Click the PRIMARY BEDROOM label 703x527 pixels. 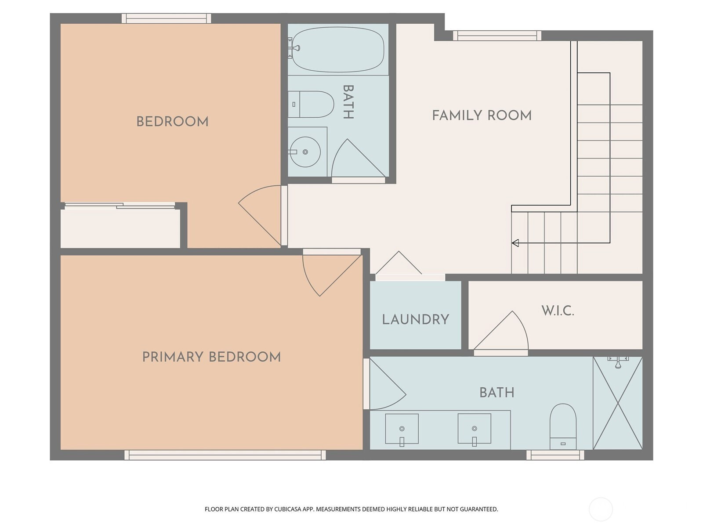coord(211,357)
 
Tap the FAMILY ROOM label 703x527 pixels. coord(482,116)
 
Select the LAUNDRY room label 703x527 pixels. coord(415,320)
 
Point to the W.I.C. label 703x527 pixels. coord(558,310)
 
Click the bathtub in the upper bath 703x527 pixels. coord(338,49)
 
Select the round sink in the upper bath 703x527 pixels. coord(305,152)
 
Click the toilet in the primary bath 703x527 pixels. coord(563,426)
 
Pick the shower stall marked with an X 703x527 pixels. coord(618,403)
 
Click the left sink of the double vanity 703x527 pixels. coord(402,429)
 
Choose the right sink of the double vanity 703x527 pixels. coord(475,429)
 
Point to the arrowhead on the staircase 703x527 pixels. coord(515,243)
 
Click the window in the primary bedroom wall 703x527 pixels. coord(225,455)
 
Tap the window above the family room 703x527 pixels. coord(497,36)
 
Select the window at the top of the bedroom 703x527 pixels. coord(166,18)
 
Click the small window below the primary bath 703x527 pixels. coord(555,455)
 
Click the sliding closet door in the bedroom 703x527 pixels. coord(120,206)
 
